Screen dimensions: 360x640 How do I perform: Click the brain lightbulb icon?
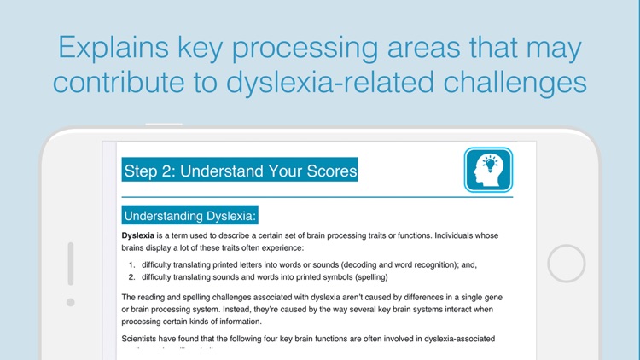click(488, 170)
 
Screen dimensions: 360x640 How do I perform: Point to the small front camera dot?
click(71, 302)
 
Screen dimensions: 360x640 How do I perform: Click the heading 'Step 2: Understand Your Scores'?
click(241, 171)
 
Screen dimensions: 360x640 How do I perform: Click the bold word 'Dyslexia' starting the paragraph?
click(139, 235)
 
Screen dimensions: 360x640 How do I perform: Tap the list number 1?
click(131, 264)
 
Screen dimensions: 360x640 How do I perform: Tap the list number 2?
click(131, 276)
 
